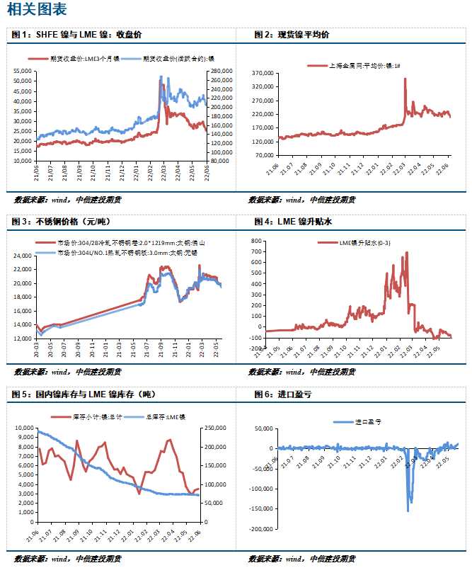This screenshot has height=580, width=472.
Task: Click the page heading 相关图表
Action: [37, 10]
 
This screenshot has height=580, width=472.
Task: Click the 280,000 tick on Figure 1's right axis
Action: [221, 72]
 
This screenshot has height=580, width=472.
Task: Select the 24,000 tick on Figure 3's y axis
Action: [23, 256]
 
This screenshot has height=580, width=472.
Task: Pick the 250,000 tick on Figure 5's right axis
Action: [215, 428]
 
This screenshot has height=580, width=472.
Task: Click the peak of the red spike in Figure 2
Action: [405, 79]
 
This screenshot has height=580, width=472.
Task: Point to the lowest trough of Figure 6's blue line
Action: [408, 511]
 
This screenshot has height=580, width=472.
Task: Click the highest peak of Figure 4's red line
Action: [405, 252]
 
